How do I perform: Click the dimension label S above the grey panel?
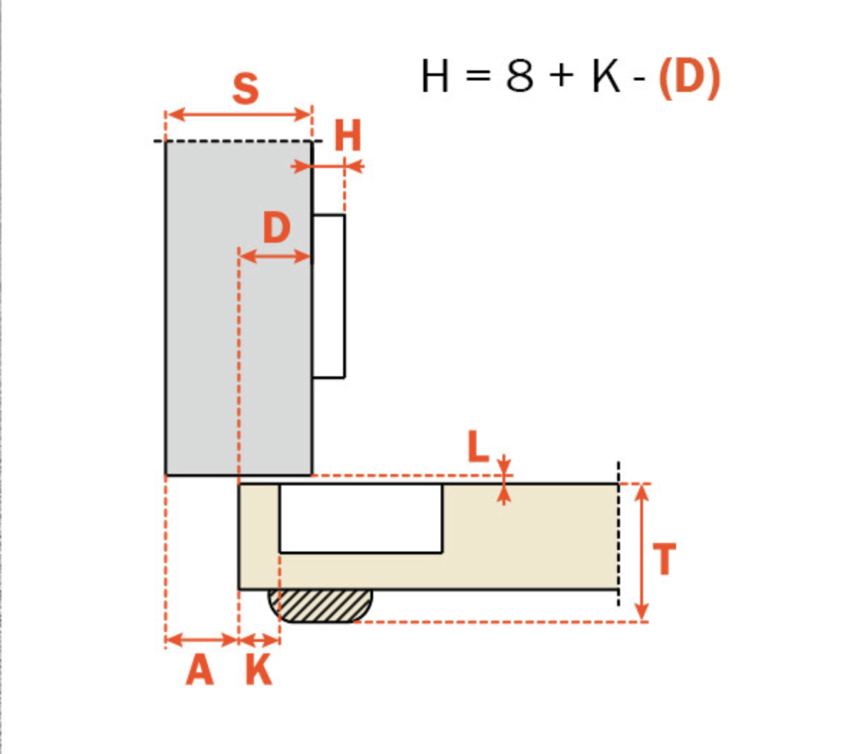tap(245, 89)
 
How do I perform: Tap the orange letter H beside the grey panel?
tap(348, 136)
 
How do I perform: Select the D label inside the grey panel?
tap(276, 229)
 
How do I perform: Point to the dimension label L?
tap(478, 447)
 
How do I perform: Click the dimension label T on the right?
tap(665, 559)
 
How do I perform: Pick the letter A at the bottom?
tap(200, 671)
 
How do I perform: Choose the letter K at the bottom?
tap(258, 671)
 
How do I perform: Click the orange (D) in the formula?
tap(689, 77)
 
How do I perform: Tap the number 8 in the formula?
tap(520, 77)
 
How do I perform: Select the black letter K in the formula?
tap(606, 77)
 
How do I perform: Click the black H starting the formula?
tap(435, 77)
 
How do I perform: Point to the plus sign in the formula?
tap(563, 78)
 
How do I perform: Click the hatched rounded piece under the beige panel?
tap(320, 605)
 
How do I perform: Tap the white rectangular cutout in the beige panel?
tap(360, 518)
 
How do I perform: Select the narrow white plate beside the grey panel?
tap(329, 295)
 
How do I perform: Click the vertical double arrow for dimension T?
tap(642, 551)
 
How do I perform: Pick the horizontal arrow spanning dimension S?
tap(239, 114)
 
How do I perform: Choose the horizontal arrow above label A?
tap(202, 639)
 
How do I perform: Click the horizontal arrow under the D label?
tap(276, 256)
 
